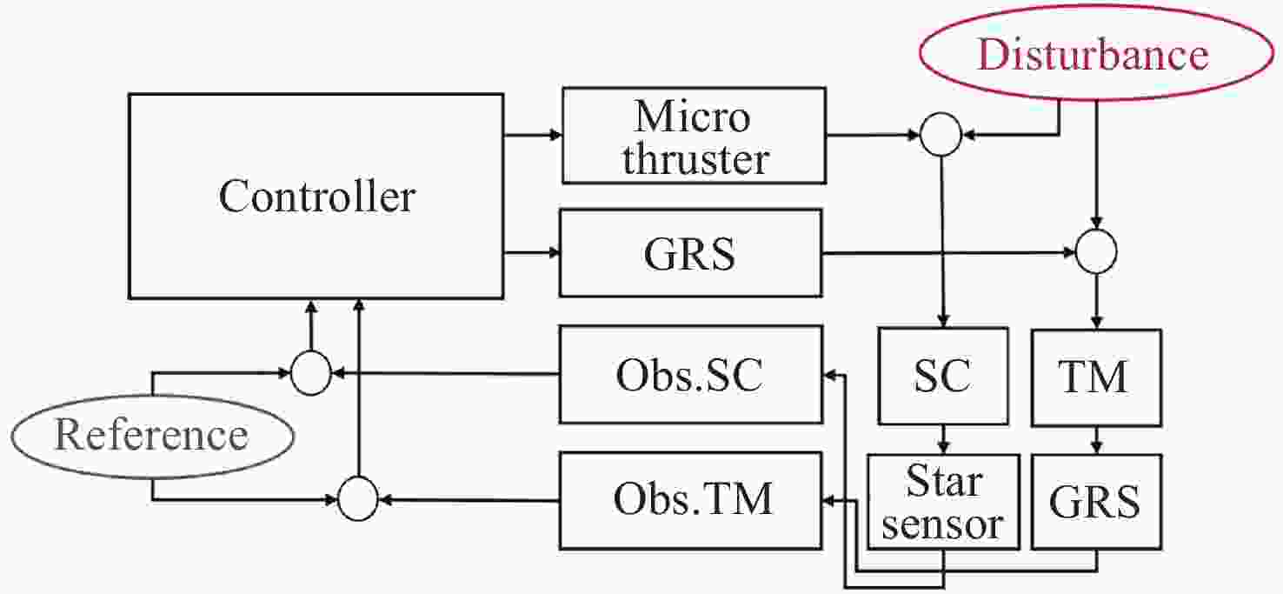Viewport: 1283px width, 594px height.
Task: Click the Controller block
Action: pyautogui.click(x=316, y=197)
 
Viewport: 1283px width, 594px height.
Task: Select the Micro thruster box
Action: pyautogui.click(x=693, y=136)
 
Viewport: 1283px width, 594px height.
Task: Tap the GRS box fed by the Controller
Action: pyautogui.click(x=690, y=253)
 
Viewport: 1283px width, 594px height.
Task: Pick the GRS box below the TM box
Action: pyautogui.click(x=1095, y=502)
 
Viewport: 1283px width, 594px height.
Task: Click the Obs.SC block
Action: pyautogui.click(x=690, y=375)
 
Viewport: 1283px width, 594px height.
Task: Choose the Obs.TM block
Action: pyautogui.click(x=690, y=500)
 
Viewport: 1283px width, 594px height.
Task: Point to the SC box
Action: pyautogui.click(x=943, y=376)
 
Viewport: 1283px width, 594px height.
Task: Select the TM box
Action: pyautogui.click(x=1095, y=377)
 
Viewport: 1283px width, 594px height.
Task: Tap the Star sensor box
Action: pyautogui.click(x=943, y=502)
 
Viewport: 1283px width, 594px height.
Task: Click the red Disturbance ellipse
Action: pyautogui.click(x=1092, y=55)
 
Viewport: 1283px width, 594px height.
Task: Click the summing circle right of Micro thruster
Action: pyautogui.click(x=941, y=135)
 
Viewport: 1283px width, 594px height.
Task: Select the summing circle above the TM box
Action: pyautogui.click(x=1095, y=252)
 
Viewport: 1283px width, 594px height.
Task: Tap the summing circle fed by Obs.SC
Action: pyautogui.click(x=310, y=374)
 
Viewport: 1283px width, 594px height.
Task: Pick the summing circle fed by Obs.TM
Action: pyautogui.click(x=357, y=500)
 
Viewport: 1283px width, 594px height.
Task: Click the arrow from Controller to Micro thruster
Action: pyautogui.click(x=533, y=135)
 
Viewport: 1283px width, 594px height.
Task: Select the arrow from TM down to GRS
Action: pyautogui.click(x=1095, y=439)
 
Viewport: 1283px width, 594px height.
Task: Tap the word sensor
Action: pyautogui.click(x=943, y=524)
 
